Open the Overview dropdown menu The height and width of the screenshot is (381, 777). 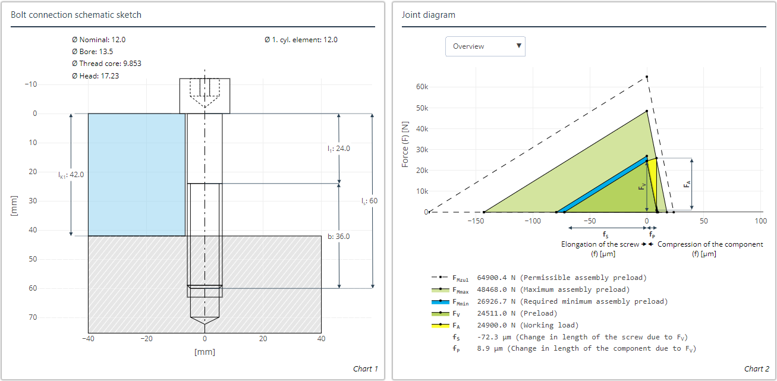click(485, 46)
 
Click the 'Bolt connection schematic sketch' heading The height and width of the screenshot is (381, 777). click(76, 15)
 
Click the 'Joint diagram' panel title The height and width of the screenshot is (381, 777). click(428, 15)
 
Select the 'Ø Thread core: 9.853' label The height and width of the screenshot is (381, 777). click(106, 64)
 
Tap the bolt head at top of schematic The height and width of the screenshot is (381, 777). click(205, 96)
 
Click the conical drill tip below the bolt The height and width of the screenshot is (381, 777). click(205, 325)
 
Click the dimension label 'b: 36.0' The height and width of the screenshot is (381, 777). click(338, 237)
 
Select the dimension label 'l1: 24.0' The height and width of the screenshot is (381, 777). click(339, 149)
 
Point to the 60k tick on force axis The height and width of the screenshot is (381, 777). click(421, 87)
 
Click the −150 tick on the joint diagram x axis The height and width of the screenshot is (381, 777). click(475, 221)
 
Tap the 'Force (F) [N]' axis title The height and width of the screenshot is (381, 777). click(405, 144)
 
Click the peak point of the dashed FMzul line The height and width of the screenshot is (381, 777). click(647, 77)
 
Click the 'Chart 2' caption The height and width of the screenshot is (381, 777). click(756, 369)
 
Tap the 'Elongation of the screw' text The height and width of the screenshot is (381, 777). click(599, 244)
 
